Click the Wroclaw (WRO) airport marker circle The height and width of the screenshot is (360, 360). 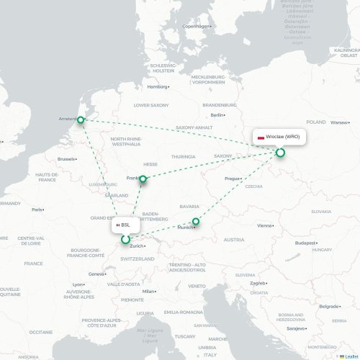pyautogui.click(x=280, y=152)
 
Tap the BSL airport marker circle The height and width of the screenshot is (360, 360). pyautogui.click(x=125, y=239)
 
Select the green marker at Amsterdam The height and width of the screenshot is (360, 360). pyautogui.click(x=81, y=120)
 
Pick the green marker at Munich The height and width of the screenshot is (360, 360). pyautogui.click(x=195, y=222)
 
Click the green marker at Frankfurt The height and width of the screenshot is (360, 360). pyautogui.click(x=143, y=179)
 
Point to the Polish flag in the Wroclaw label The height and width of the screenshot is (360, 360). pyautogui.click(x=261, y=137)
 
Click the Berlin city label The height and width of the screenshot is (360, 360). pyautogui.click(x=215, y=114)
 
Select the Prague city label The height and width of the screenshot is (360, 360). pyautogui.click(x=232, y=178)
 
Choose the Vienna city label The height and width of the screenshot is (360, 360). pyautogui.click(x=266, y=225)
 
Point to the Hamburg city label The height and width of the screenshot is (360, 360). pyautogui.click(x=158, y=86)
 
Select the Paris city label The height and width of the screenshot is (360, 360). pyautogui.click(x=37, y=210)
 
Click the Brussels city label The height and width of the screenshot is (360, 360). pyautogui.click(x=66, y=158)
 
